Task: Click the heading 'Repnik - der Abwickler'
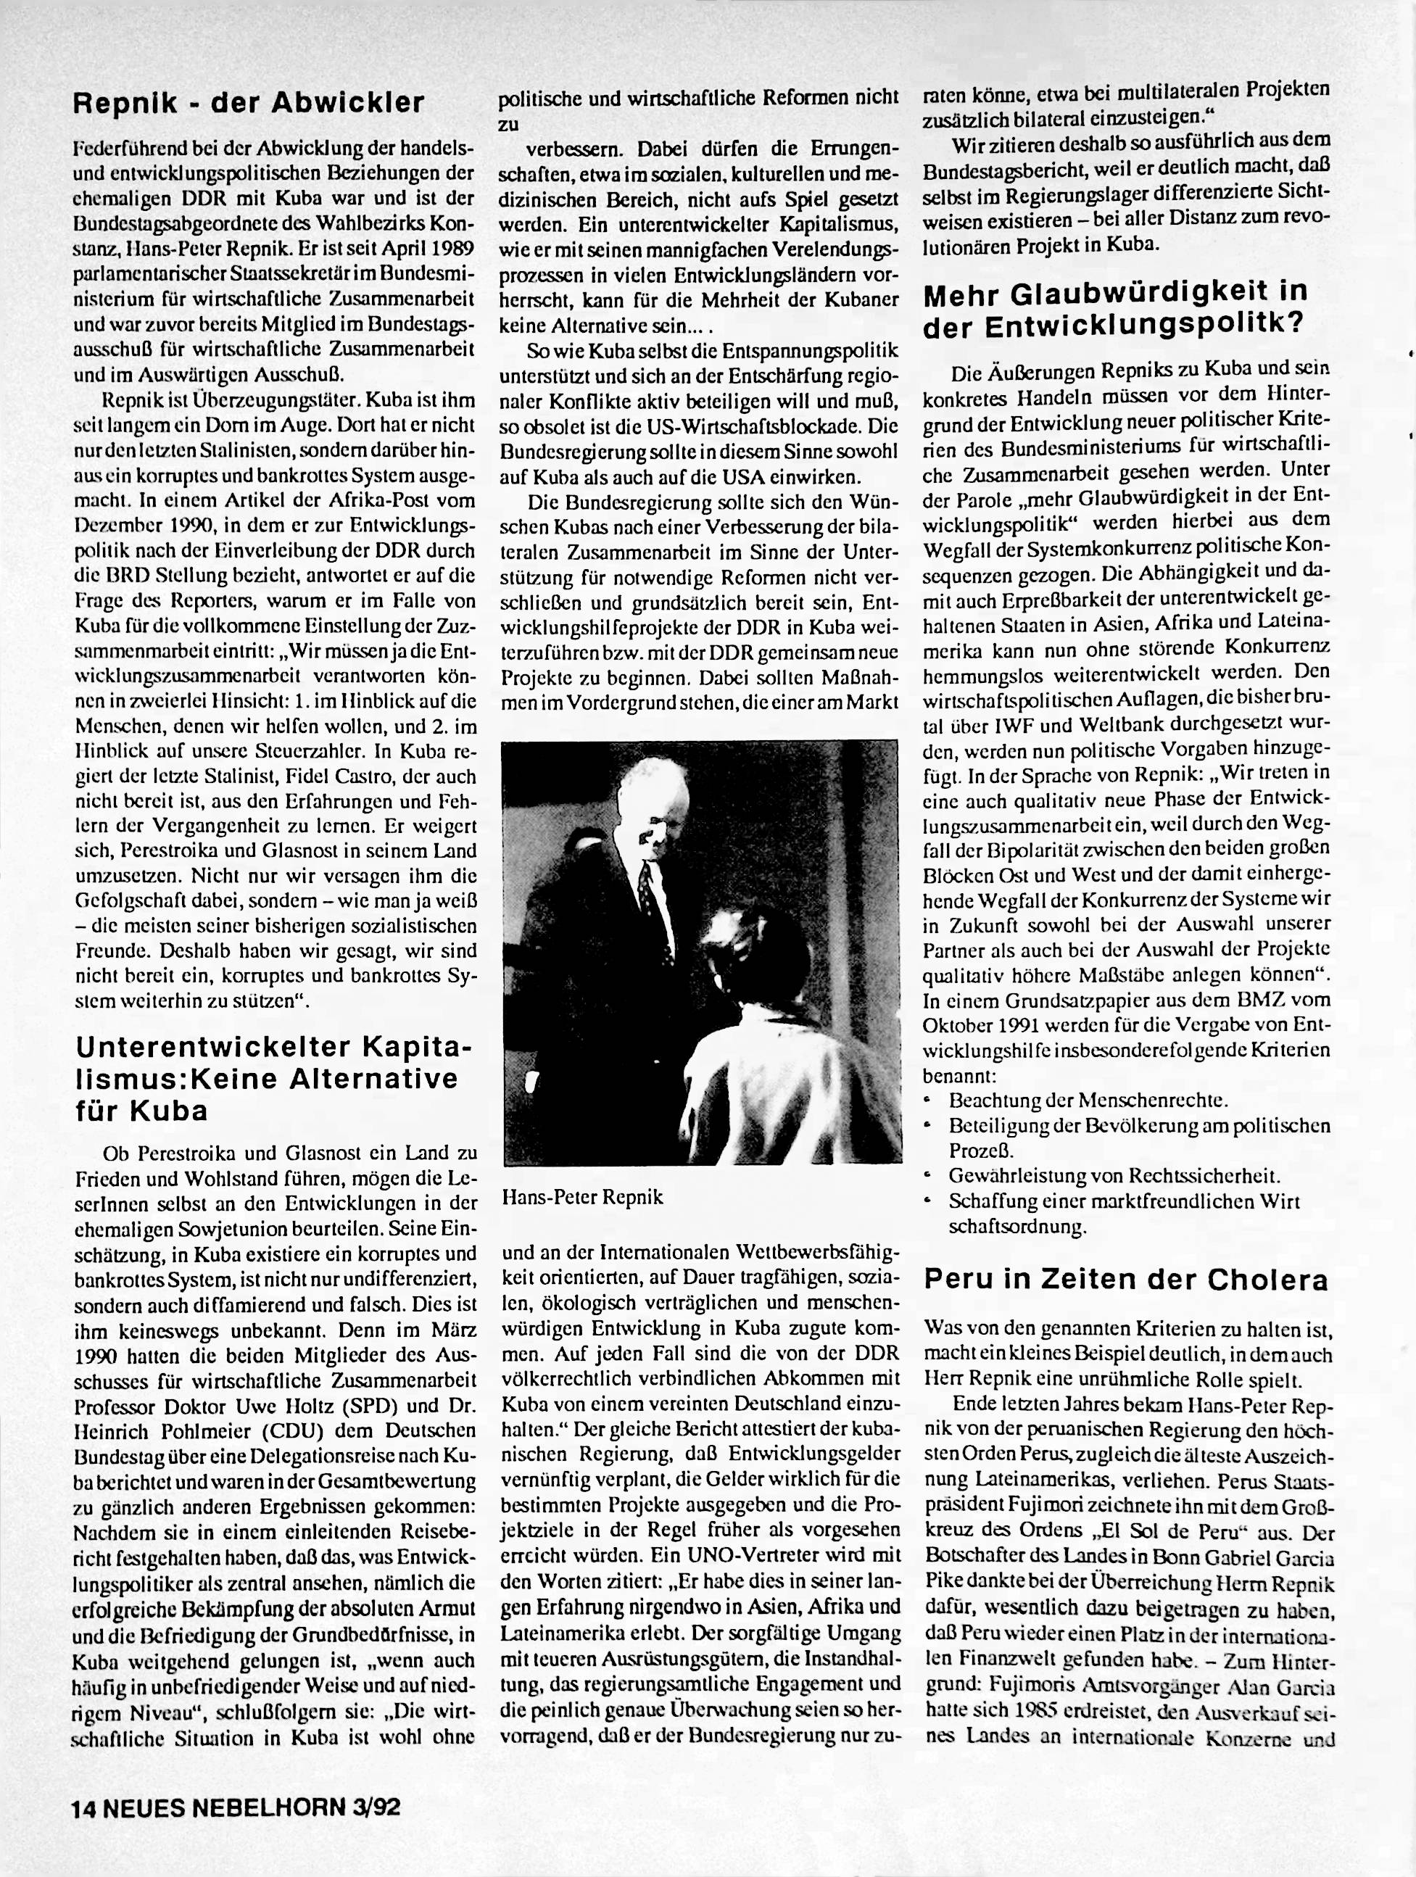[x=249, y=103]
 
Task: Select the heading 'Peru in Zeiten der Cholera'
[x=1126, y=1280]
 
